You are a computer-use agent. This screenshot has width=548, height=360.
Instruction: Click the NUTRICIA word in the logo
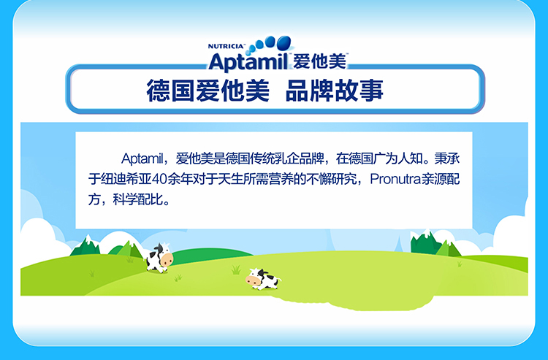(x=226, y=46)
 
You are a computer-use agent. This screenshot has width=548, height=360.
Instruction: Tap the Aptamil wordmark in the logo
(x=248, y=62)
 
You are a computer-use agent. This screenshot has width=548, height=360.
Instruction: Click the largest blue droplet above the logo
(x=283, y=43)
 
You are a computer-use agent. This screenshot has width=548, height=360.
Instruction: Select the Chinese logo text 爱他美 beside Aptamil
(x=319, y=61)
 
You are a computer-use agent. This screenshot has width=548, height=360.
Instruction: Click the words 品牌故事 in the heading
(x=335, y=91)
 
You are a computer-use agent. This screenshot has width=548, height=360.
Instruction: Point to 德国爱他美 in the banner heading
(x=208, y=91)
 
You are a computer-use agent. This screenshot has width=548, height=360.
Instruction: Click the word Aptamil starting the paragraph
(x=142, y=159)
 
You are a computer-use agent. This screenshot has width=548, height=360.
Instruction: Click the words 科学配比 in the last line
(x=137, y=199)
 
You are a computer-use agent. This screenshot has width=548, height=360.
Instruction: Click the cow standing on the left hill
(x=159, y=258)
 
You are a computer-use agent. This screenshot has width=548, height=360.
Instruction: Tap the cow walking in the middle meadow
(x=263, y=279)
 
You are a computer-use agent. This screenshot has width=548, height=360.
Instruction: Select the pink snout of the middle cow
(x=251, y=280)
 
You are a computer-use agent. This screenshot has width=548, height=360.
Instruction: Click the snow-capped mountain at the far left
(x=86, y=245)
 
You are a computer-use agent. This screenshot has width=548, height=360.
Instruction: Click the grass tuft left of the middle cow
(x=236, y=269)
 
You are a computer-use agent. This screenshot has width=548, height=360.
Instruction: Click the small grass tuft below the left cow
(x=178, y=277)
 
